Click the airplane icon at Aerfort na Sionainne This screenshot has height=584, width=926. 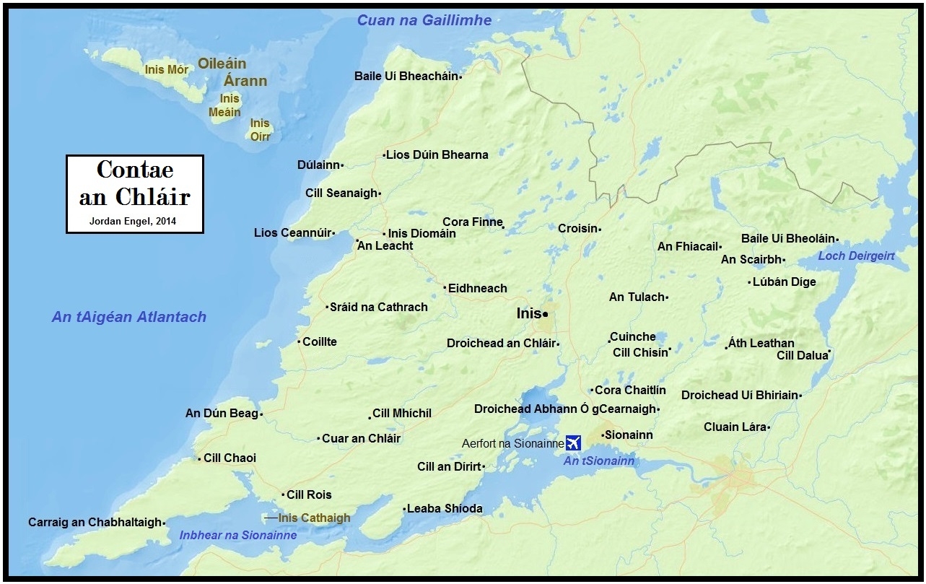point(575,442)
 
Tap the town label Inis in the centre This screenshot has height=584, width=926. point(528,314)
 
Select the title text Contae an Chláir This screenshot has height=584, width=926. point(134,183)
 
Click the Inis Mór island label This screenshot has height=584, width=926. point(167,69)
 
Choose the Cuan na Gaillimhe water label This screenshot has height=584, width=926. point(425,20)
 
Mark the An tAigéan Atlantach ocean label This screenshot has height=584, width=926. point(129,317)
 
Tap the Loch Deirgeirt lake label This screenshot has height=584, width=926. point(857,256)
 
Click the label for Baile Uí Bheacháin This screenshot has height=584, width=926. point(406,76)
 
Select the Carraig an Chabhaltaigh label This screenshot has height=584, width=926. point(95,522)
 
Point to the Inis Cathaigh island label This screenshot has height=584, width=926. point(314,518)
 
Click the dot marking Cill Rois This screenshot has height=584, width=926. point(283,494)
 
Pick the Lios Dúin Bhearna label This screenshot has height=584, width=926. point(437,154)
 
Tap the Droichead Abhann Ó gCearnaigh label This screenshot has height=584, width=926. point(565,409)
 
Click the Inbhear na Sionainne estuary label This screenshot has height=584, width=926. point(237,536)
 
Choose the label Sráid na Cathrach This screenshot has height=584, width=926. point(378,307)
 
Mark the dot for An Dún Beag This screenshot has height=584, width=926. point(261,414)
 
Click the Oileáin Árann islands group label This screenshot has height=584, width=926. point(237,72)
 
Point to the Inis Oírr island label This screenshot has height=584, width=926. point(260,129)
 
